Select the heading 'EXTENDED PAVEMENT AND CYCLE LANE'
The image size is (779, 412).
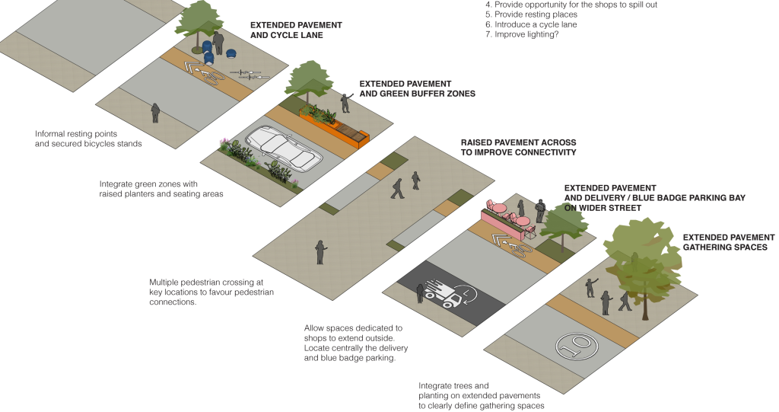click(x=296, y=30)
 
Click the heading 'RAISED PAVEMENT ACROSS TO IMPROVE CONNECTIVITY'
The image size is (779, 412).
click(x=518, y=147)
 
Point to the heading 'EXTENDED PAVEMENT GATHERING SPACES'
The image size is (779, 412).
click(x=728, y=242)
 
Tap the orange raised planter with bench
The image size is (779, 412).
click(x=334, y=126)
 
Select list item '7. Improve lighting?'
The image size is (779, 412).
click(x=522, y=34)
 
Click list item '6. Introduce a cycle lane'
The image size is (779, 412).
click(x=531, y=24)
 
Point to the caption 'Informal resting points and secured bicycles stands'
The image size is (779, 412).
click(x=88, y=139)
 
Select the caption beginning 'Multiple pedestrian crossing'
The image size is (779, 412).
click(x=211, y=292)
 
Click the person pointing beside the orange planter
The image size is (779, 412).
click(x=346, y=103)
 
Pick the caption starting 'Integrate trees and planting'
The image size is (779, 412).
click(x=481, y=395)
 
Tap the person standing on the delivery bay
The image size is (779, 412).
click(x=420, y=293)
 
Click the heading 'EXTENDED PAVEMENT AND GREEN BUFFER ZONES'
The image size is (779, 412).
click(x=418, y=88)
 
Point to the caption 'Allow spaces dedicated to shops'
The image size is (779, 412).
click(x=356, y=343)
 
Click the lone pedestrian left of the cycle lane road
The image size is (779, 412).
click(x=155, y=113)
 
